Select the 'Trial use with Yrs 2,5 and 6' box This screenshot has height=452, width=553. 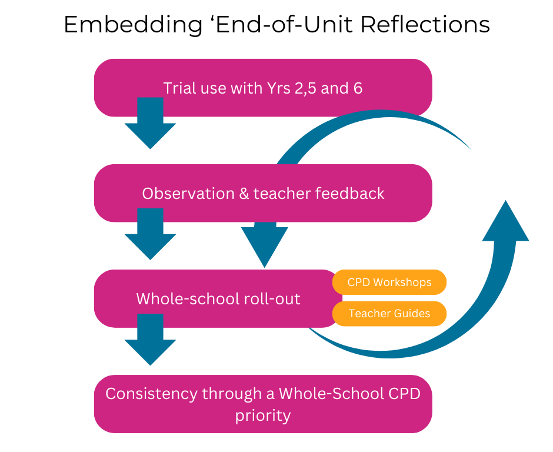(x=263, y=88)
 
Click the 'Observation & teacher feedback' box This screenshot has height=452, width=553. (x=263, y=193)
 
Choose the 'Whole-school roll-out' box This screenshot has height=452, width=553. (x=218, y=298)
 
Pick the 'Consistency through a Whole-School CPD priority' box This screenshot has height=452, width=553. (x=263, y=404)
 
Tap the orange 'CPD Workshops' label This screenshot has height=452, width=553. (x=389, y=282)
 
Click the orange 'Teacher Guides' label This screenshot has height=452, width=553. (x=389, y=313)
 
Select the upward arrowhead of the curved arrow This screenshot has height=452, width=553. (x=505, y=224)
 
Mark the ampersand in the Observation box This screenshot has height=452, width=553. (x=244, y=193)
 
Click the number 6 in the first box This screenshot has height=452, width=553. (x=358, y=88)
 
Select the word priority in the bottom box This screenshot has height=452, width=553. (x=263, y=415)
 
